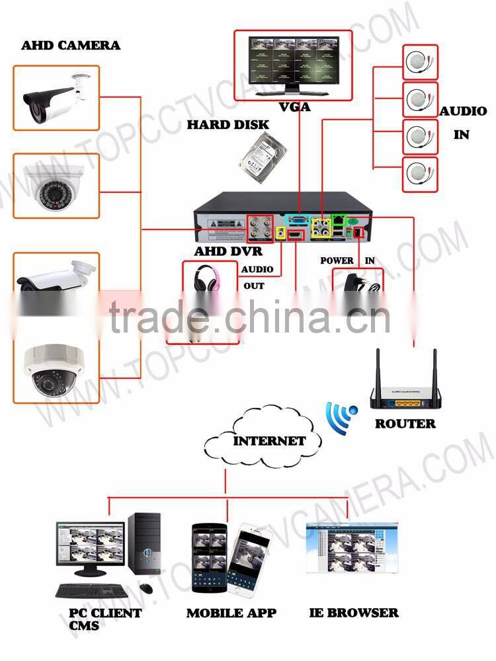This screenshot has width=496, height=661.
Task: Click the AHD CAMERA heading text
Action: click(x=71, y=46)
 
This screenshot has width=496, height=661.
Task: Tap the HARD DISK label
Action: click(x=227, y=124)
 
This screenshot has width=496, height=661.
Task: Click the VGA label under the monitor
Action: click(x=295, y=106)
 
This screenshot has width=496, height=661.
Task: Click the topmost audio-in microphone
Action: click(x=420, y=62)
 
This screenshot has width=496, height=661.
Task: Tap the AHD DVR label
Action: click(x=228, y=252)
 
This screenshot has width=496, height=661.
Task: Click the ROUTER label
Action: click(x=405, y=424)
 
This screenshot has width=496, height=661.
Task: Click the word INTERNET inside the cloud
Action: click(x=269, y=441)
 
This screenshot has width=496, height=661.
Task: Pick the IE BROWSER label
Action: click(x=354, y=613)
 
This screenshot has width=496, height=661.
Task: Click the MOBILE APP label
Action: click(x=231, y=613)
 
